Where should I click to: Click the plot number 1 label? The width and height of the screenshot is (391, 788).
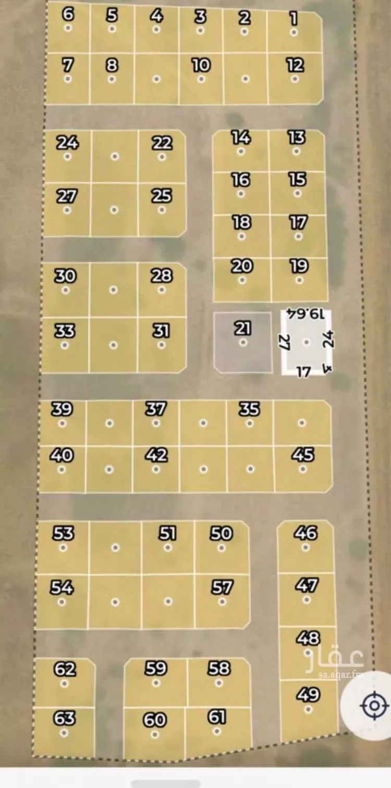(294, 19)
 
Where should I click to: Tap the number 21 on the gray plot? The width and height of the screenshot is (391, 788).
(242, 329)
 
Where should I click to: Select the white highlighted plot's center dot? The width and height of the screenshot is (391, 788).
(307, 342)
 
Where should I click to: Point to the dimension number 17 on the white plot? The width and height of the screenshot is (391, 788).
(303, 371)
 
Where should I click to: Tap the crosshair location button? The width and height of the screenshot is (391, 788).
(374, 706)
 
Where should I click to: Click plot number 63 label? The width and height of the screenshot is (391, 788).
(64, 718)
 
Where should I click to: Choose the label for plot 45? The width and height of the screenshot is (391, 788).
(303, 455)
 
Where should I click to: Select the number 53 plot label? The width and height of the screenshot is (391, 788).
(64, 534)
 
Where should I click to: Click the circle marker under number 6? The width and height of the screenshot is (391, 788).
(68, 28)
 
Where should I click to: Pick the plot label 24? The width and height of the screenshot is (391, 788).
(67, 142)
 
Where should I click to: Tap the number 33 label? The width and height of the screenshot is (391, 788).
(64, 331)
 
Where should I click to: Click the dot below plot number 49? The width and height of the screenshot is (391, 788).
(308, 709)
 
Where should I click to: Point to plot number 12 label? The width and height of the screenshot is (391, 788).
(295, 65)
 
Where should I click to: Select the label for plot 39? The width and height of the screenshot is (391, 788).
(62, 409)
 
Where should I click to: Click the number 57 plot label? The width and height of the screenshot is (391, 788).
(222, 587)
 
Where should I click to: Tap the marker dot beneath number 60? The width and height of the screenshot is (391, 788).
(154, 734)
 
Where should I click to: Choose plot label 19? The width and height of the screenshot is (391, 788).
(299, 266)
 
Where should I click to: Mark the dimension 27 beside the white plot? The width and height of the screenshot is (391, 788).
(285, 343)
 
